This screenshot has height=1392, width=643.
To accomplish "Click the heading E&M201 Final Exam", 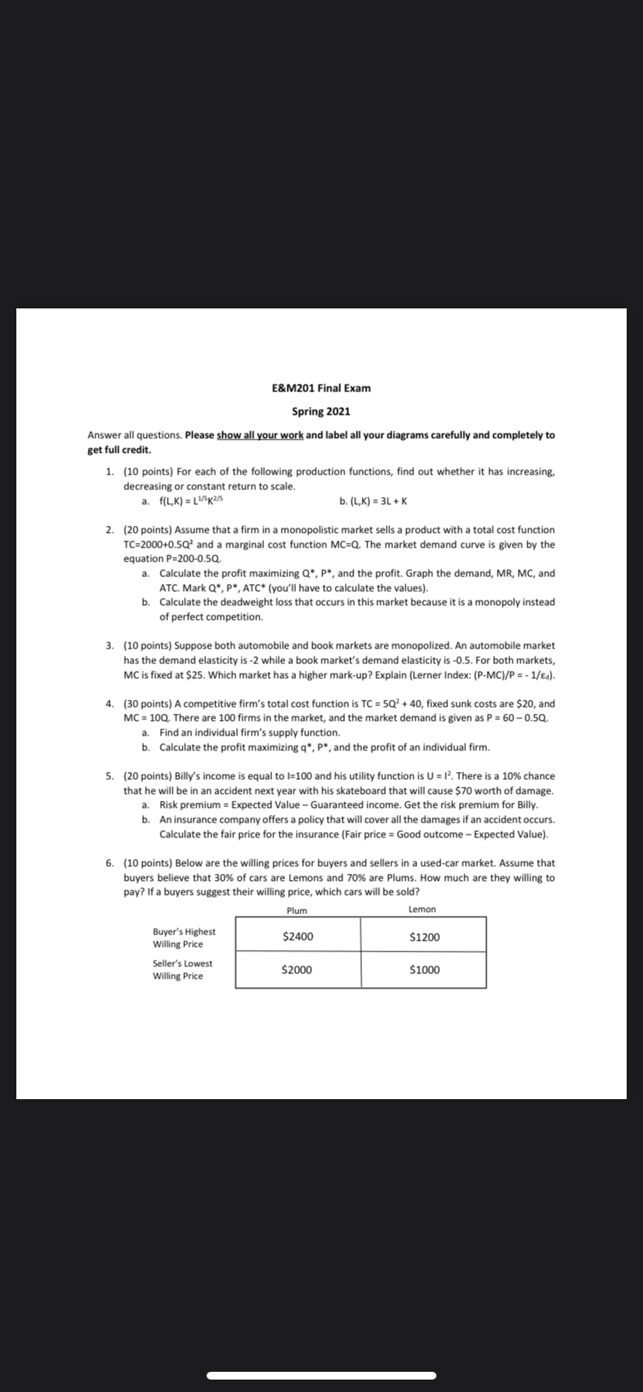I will click(x=321, y=388).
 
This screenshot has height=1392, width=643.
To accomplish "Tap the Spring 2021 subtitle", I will click(x=321, y=411).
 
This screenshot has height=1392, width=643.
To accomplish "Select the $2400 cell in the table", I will click(x=298, y=936).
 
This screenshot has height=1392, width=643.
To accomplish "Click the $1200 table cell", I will click(x=424, y=936).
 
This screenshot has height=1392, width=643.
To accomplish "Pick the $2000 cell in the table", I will click(x=298, y=969).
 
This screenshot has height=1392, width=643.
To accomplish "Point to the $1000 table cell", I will click(x=424, y=969).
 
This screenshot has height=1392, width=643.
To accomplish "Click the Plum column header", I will click(x=297, y=910).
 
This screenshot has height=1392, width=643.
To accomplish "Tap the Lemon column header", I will click(x=422, y=909).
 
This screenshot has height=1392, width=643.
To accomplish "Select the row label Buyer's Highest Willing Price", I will click(x=184, y=938).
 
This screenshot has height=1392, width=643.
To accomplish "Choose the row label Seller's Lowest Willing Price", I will click(x=182, y=969).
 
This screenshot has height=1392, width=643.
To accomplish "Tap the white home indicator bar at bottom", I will click(x=321, y=1375).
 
